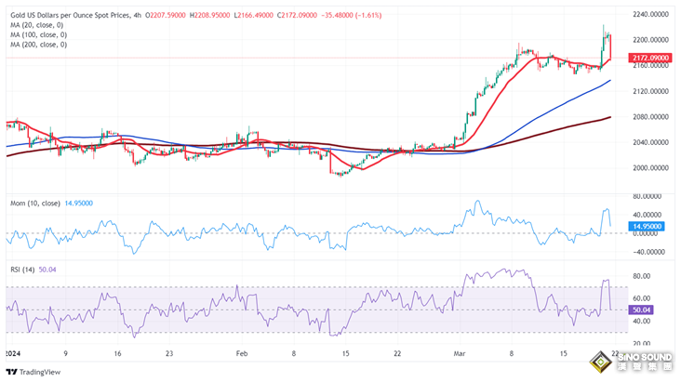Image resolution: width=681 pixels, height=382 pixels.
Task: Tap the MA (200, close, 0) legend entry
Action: pos(40,45)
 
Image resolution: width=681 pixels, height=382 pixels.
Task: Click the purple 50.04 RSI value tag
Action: pos(641,310)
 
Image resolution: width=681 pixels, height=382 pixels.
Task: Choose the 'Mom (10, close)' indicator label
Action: pos(36,202)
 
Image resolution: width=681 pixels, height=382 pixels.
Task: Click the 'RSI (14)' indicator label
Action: pos(23,270)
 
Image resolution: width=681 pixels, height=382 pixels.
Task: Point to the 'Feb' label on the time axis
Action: pos(241,354)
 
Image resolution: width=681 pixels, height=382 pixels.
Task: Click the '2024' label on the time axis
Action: pos(14,354)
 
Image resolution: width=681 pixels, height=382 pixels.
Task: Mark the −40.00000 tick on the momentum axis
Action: pos(650,251)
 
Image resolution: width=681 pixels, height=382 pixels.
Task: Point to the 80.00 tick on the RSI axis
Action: pos(641,276)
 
